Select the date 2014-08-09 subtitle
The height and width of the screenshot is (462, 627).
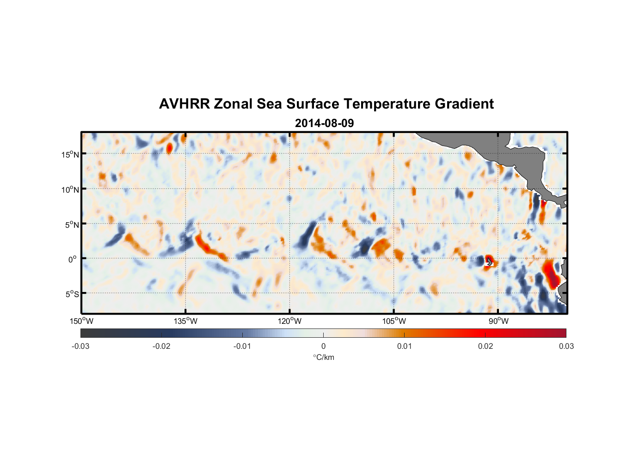pyautogui.click(x=324, y=123)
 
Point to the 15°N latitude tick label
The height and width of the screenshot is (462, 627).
pyautogui.click(x=70, y=154)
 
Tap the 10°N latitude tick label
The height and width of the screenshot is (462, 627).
pyautogui.click(x=70, y=189)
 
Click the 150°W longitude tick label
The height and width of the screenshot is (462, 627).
pyautogui.click(x=81, y=321)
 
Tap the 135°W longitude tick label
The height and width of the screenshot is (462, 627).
pyautogui.click(x=185, y=321)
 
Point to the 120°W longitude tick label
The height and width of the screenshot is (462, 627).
pyautogui.click(x=289, y=321)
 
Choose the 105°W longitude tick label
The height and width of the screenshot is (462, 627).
pyautogui.click(x=394, y=321)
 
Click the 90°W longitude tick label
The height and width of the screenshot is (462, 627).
pyautogui.click(x=498, y=321)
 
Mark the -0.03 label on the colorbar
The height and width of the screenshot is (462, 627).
pyautogui.click(x=80, y=346)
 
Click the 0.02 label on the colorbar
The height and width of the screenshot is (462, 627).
pyautogui.click(x=486, y=346)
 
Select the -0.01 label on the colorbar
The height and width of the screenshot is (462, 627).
pyautogui.click(x=242, y=346)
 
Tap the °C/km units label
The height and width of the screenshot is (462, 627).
pyautogui.click(x=324, y=358)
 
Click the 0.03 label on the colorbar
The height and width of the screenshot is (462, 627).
pyautogui.click(x=566, y=346)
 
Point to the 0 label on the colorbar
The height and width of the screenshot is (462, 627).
pyautogui.click(x=323, y=346)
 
